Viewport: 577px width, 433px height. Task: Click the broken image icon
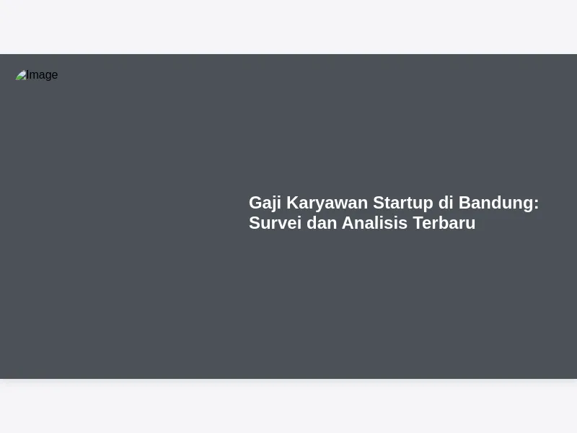(21, 75)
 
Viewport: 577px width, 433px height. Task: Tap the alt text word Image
(42, 75)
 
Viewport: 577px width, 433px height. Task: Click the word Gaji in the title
(265, 204)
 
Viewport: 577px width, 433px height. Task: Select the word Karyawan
(327, 204)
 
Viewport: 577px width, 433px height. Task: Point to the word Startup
(403, 204)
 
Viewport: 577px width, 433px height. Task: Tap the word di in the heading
(446, 203)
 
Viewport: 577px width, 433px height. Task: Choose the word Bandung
(495, 204)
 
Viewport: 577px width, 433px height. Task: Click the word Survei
(276, 223)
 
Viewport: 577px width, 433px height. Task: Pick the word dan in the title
(322, 223)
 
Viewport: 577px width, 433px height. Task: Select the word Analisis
(374, 223)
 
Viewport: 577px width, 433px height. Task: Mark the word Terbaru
(444, 223)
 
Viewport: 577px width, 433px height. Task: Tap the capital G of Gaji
(256, 203)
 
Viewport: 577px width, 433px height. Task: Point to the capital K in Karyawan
(294, 203)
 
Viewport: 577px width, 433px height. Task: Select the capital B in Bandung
(465, 203)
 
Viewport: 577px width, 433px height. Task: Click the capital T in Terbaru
(419, 223)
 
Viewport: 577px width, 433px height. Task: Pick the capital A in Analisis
(348, 223)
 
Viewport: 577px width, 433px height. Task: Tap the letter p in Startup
(428, 206)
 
